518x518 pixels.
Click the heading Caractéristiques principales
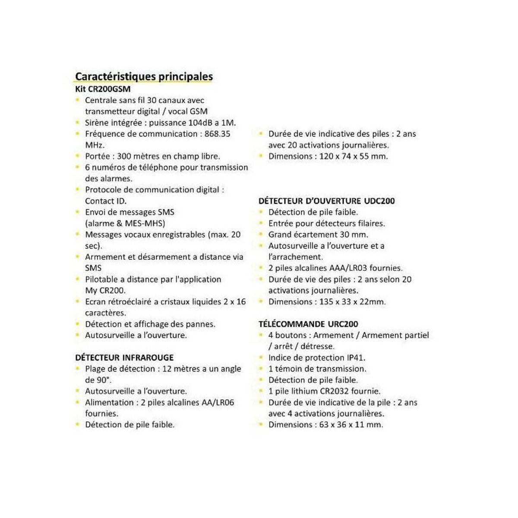144,76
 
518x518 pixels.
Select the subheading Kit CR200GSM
103,89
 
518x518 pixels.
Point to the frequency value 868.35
217,134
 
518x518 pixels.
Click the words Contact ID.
106,201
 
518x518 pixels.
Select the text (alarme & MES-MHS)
125,224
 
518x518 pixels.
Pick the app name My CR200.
105,291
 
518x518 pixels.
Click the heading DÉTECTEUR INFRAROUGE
124,358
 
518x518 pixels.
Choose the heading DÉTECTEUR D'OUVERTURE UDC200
326,201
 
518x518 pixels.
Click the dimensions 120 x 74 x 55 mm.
354,156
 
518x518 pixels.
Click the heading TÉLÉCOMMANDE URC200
308,324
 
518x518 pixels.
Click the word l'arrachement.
295,257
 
